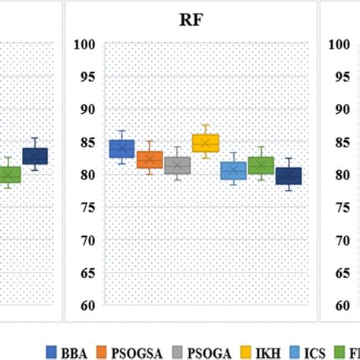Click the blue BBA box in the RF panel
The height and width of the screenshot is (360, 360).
pyautogui.click(x=122, y=148)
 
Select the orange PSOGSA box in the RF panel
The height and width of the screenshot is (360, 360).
pyautogui.click(x=150, y=159)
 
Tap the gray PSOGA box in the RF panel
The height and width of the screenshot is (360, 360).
pyautogui.click(x=177, y=165)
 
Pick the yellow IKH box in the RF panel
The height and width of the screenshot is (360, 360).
pyautogui.click(x=205, y=142)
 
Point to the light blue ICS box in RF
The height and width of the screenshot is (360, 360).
pyautogui.click(x=232, y=171)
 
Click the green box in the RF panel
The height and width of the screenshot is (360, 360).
pyautogui.click(x=261, y=165)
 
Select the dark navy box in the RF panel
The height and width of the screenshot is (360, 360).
pyautogui.click(x=289, y=176)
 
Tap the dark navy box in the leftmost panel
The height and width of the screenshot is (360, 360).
pyautogui.click(x=34, y=156)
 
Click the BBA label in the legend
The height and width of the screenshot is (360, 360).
pyautogui.click(x=79, y=351)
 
